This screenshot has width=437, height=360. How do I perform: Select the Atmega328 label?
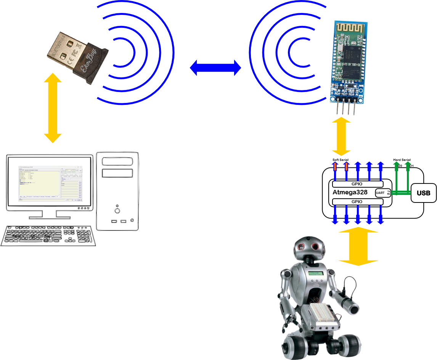tap(350, 192)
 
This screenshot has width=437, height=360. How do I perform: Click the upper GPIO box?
tap(358, 183)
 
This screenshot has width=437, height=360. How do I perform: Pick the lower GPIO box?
tap(358, 201)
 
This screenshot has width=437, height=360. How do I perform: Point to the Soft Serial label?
tap(340, 160)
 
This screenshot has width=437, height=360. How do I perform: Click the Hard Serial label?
tap(402, 160)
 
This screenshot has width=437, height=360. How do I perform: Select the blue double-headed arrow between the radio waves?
tap(215, 68)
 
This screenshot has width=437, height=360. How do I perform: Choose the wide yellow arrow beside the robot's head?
tap(358, 247)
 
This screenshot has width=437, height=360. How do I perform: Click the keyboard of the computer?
tap(48, 235)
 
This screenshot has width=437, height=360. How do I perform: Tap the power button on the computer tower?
tap(117, 210)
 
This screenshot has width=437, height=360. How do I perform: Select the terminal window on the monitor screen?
tap(50, 183)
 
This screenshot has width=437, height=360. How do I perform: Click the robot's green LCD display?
tap(316, 274)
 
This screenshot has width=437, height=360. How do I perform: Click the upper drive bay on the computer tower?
tap(117, 162)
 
